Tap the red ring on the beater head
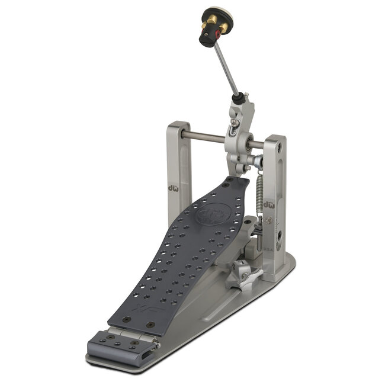point(218,34)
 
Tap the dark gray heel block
point(118,345)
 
